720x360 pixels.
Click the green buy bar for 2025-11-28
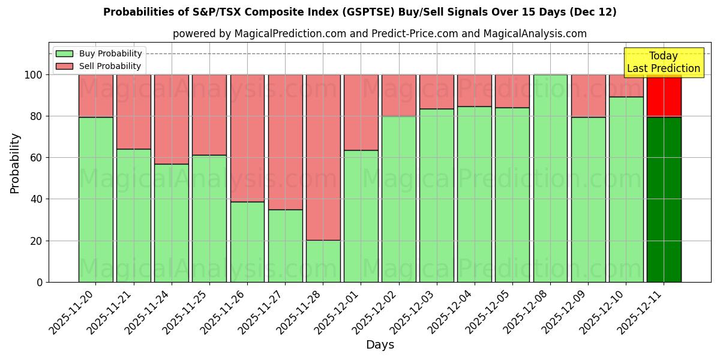(x=323, y=261)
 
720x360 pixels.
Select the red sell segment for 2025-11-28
(x=323, y=157)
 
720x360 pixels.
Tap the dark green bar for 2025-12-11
(x=664, y=199)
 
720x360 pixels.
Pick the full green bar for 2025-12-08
(x=550, y=178)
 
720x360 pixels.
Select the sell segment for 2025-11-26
(x=247, y=138)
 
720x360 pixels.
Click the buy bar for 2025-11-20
(x=95, y=199)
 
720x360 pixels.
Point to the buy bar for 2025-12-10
(x=626, y=189)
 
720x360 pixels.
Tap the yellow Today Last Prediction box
(x=664, y=62)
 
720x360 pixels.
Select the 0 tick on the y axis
(x=40, y=282)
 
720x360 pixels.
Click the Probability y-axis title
(x=15, y=163)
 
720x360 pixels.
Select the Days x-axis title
(x=380, y=345)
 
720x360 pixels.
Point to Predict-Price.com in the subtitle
(x=415, y=34)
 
